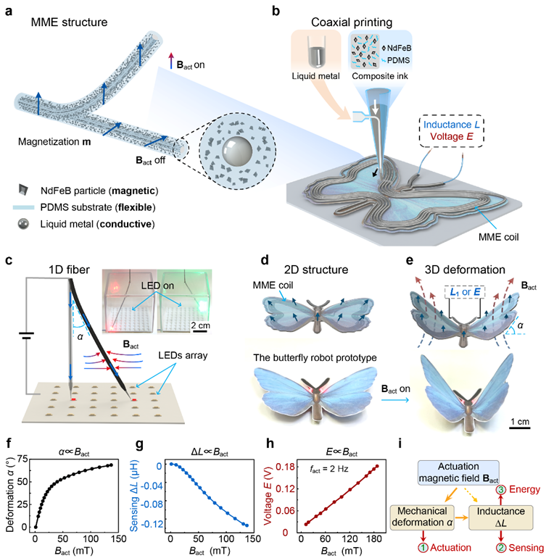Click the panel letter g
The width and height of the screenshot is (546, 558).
click(x=140, y=445)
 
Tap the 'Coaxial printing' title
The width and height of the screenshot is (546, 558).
click(x=352, y=22)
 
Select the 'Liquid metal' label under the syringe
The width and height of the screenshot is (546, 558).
click(x=315, y=76)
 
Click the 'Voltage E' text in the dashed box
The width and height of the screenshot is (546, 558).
click(x=451, y=137)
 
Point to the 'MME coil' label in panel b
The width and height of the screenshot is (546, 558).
click(x=498, y=237)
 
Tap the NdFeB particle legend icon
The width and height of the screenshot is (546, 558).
click(x=24, y=190)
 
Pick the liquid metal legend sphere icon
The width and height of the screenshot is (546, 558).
click(x=23, y=224)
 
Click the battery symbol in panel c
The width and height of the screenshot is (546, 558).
click(x=27, y=336)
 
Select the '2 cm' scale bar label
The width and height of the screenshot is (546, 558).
click(x=201, y=325)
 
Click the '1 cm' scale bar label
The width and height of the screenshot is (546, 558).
click(x=520, y=422)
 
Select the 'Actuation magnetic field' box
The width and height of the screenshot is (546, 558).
click(x=458, y=472)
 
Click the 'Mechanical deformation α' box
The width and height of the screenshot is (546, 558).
click(x=423, y=517)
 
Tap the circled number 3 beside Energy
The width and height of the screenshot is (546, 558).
click(x=501, y=490)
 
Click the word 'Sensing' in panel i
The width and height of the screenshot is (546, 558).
click(x=526, y=548)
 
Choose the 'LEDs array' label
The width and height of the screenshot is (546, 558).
click(x=183, y=355)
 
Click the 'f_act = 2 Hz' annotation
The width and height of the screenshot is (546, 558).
click(x=328, y=469)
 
